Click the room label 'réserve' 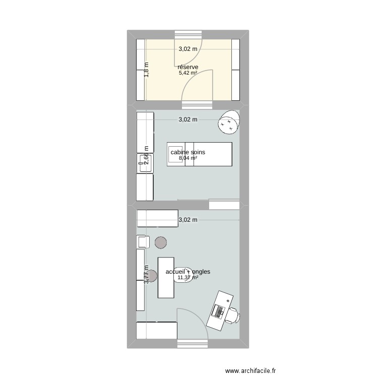click(x=187, y=67)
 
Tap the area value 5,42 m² click(x=187, y=73)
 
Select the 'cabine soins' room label click(x=187, y=152)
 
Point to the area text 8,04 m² click(x=187, y=158)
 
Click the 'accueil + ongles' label click(x=187, y=272)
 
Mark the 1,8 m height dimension click(x=147, y=70)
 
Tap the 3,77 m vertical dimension click(x=147, y=275)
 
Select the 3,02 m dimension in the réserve click(x=187, y=49)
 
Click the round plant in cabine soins click(x=229, y=122)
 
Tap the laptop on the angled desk click(x=219, y=310)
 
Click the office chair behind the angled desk click(x=232, y=314)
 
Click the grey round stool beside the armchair click(x=161, y=242)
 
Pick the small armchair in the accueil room click(x=143, y=241)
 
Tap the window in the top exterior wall click(x=187, y=34)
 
